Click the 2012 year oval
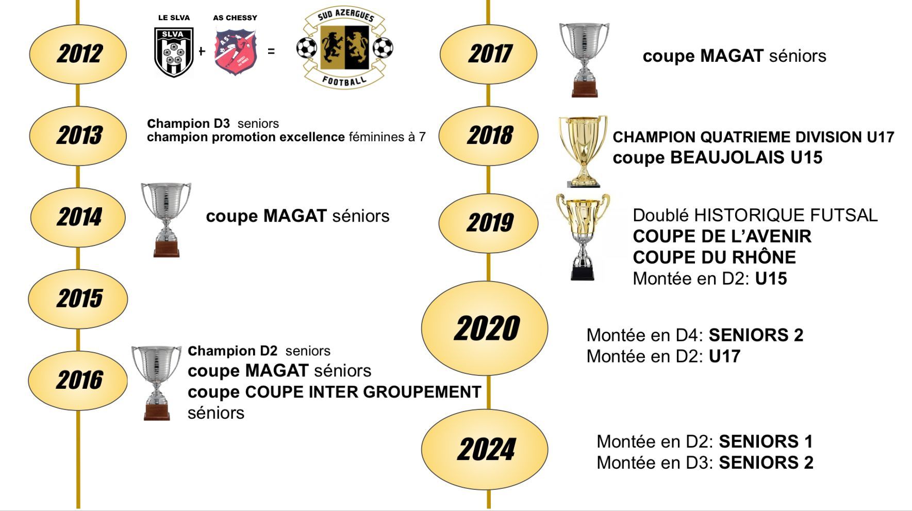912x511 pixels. coord(78,54)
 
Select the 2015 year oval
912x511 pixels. coord(78,298)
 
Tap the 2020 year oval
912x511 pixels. coord(485,328)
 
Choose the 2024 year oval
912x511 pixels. coord(485,449)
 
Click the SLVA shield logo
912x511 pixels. coord(174,52)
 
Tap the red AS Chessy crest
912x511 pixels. coord(236,52)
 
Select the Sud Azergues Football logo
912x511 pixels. coord(344,47)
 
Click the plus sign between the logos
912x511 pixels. coord(202,51)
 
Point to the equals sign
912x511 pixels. coord(271,51)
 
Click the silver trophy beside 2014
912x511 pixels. coord(166,219)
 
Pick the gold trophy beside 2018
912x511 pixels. coord(583,151)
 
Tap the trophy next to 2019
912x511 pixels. coord(583,237)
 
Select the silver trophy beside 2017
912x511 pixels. coord(584,59)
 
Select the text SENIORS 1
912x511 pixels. coord(766,441)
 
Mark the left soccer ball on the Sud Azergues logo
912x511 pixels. coord(307,48)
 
